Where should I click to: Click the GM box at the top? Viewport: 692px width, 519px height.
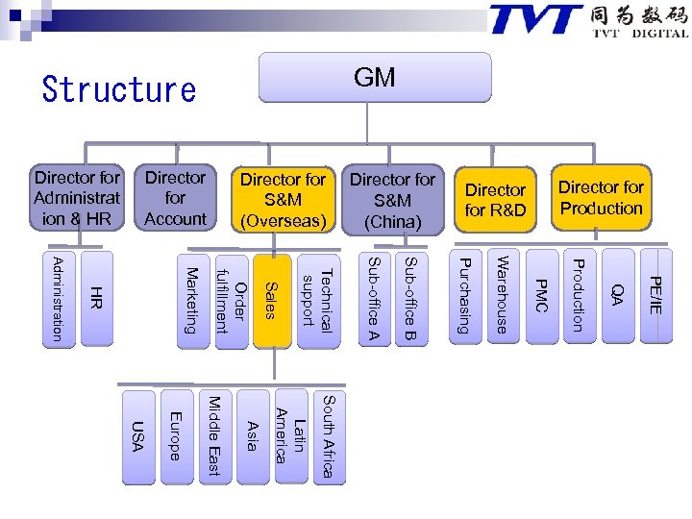point(374,78)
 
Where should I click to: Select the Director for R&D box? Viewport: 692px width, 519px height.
point(495,200)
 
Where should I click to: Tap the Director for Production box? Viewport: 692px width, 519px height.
point(601,198)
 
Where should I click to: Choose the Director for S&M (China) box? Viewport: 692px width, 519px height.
point(392,200)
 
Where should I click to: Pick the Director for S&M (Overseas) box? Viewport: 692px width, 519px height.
point(283,200)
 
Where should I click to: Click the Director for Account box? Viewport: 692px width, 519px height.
point(175,198)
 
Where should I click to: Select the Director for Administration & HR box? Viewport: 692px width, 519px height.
point(77,198)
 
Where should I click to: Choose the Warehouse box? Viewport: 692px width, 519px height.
point(501,295)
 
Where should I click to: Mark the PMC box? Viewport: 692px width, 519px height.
point(540,295)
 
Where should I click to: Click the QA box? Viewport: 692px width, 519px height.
point(618,295)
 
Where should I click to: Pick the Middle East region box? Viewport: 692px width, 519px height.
point(213,435)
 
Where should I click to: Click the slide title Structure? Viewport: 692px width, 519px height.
point(119,90)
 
